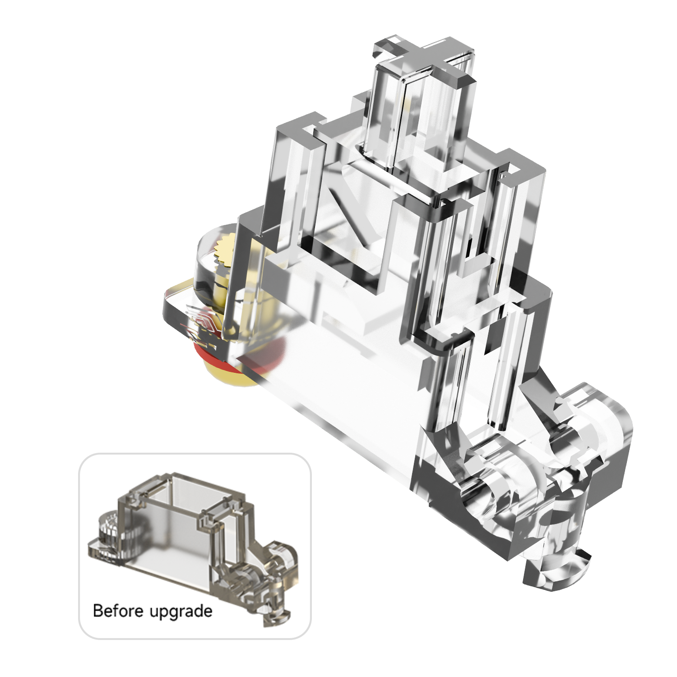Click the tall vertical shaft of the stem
(x=420, y=122)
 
